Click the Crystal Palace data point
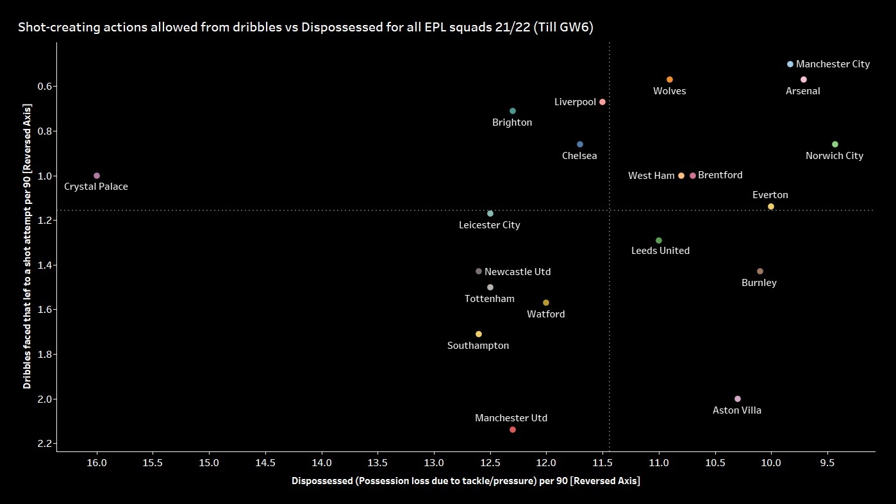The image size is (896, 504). [x=97, y=176]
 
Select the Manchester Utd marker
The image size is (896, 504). [x=513, y=430]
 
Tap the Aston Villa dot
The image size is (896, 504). [x=738, y=399]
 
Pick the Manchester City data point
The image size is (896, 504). [x=790, y=64]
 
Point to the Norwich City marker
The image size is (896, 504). [x=835, y=144]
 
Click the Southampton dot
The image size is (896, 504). [x=479, y=334]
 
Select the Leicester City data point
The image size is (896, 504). [x=490, y=214]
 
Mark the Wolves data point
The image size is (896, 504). [x=670, y=80]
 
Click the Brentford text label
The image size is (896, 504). [x=720, y=175]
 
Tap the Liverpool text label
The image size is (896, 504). [x=575, y=102]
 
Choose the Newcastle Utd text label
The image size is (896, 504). [x=518, y=272]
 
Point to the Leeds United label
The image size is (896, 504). [x=661, y=251]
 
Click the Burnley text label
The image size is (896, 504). [x=759, y=283]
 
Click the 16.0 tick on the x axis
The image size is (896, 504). [x=97, y=463]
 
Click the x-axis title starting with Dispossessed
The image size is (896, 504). [x=465, y=481]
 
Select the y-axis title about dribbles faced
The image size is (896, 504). [x=27, y=246]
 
